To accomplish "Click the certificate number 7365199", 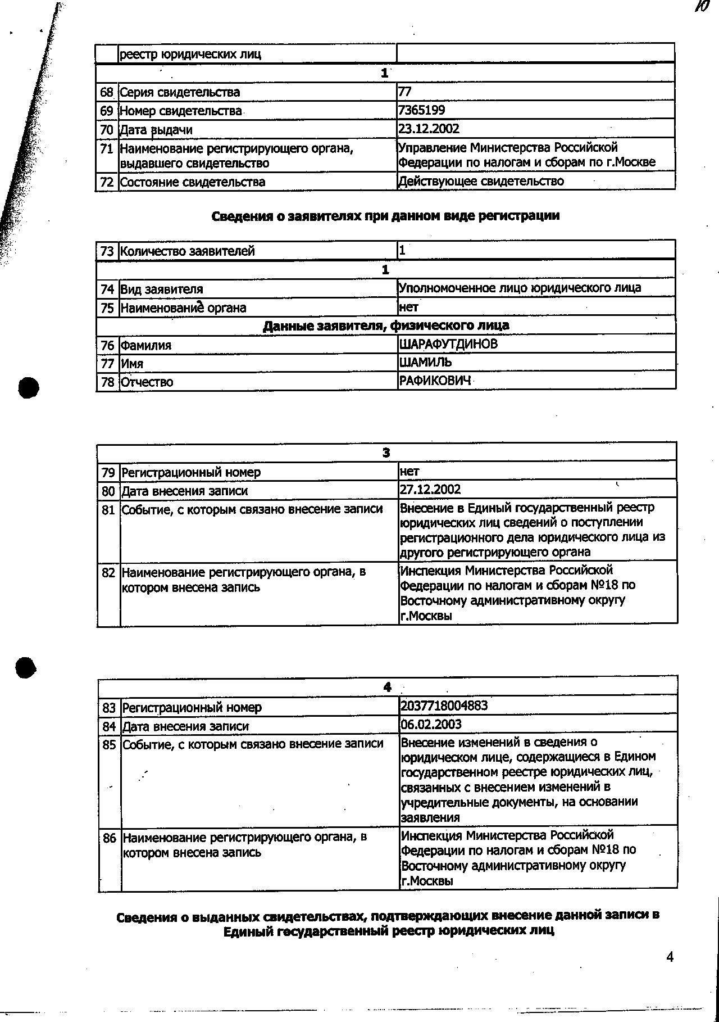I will pyautogui.click(x=422, y=110).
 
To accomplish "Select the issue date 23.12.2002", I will pyautogui.click(x=429, y=129).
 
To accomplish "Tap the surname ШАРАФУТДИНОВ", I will pyautogui.click(x=448, y=344).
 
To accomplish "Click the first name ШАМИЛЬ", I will pyautogui.click(x=425, y=363).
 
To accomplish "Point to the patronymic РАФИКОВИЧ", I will pyautogui.click(x=434, y=381).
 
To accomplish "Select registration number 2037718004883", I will pyautogui.click(x=444, y=706).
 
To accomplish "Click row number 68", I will pyautogui.click(x=107, y=92).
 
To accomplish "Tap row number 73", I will pyautogui.click(x=107, y=251).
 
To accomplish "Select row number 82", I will pyautogui.click(x=108, y=573).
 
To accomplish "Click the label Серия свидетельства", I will pyautogui.click(x=180, y=92).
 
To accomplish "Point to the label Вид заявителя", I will pyautogui.click(x=162, y=290).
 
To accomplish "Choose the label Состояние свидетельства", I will pyautogui.click(x=193, y=182).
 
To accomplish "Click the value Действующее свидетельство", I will pyautogui.click(x=481, y=181).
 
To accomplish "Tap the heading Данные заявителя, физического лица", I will pyautogui.click(x=386, y=325).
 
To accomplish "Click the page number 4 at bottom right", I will pyautogui.click(x=670, y=957).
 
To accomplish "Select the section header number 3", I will pyautogui.click(x=386, y=453).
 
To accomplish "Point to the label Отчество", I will pyautogui.click(x=147, y=382).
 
